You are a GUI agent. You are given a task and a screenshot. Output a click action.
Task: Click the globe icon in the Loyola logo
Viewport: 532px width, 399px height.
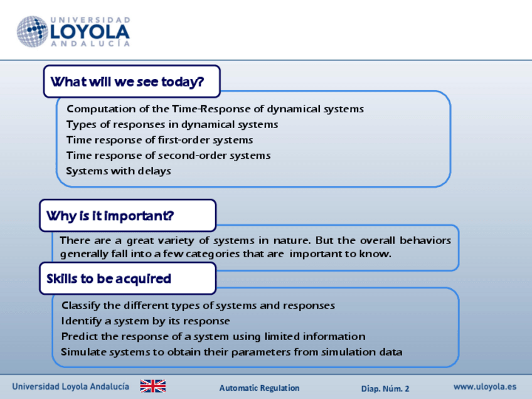click(32, 31)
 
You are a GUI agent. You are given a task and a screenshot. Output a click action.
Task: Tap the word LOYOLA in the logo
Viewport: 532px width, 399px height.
click(90, 32)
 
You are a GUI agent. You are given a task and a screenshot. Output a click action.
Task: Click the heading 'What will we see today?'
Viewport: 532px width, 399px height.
click(127, 82)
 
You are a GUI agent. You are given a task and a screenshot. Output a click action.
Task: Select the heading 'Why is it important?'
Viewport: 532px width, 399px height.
click(110, 216)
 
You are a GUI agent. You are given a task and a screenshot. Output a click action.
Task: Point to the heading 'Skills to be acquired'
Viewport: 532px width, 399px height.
click(109, 279)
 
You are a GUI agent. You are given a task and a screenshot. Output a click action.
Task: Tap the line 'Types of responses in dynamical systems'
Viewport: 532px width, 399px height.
click(172, 124)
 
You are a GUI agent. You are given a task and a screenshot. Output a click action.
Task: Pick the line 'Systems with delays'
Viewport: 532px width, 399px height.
click(119, 171)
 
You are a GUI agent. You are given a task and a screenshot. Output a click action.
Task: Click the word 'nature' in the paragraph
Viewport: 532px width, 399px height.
click(292, 240)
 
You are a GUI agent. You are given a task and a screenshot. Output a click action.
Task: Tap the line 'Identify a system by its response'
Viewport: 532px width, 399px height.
click(146, 321)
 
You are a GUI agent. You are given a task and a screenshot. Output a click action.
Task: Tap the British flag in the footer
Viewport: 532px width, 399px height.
click(153, 386)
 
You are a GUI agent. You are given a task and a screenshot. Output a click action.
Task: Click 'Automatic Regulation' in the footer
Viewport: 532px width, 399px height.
click(259, 388)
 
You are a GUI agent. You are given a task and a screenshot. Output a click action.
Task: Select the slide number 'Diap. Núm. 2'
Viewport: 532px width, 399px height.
click(385, 388)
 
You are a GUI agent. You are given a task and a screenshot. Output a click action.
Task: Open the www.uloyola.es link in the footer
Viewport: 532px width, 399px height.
click(485, 387)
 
